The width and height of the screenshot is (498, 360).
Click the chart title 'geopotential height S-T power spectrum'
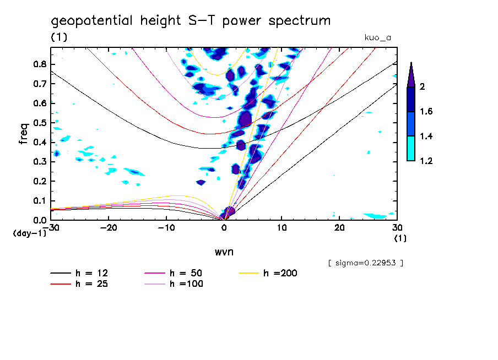tap(191, 21)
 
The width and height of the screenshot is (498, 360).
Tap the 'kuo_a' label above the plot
tap(377, 38)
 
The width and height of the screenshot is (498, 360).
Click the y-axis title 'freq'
tap(24, 133)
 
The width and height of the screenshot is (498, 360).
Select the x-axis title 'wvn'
tap(224, 252)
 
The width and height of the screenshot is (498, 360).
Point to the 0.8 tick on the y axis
tap(39, 64)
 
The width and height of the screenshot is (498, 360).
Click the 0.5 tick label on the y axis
tap(39, 122)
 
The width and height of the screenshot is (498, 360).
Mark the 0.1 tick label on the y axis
tap(39, 200)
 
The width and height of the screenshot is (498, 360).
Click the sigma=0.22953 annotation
tap(365, 263)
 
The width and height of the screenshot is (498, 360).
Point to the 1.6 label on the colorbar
tap(426, 112)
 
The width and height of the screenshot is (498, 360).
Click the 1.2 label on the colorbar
tap(426, 161)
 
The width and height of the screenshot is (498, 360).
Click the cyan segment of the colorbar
tap(410, 149)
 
